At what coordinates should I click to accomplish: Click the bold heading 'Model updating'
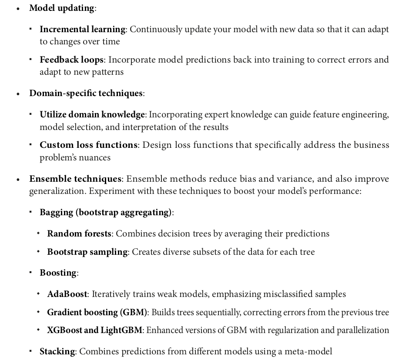[61, 8]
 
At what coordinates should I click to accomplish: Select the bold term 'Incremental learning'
[82, 29]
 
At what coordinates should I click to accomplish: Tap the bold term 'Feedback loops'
[72, 60]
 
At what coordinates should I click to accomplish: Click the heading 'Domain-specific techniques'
[86, 93]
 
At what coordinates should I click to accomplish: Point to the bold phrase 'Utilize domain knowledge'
[92, 114]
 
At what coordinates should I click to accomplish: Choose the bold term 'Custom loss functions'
[88, 145]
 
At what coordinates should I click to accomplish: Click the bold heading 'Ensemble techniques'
[75, 179]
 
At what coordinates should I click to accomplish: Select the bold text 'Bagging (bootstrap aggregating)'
[105, 212]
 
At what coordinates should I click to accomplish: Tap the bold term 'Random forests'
[79, 233]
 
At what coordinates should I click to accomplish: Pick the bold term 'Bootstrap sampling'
[87, 252]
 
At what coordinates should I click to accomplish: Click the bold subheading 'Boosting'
[58, 273]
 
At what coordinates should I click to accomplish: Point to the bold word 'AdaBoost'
[67, 294]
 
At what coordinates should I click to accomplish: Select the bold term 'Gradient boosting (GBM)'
[97, 312]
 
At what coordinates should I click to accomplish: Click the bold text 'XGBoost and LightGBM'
[94, 330]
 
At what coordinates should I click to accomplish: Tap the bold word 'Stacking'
[57, 351]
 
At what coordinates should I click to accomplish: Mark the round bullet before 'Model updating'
[18, 8]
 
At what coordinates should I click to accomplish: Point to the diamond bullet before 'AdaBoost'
[39, 294]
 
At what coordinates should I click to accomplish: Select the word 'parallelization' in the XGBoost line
[362, 330]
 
